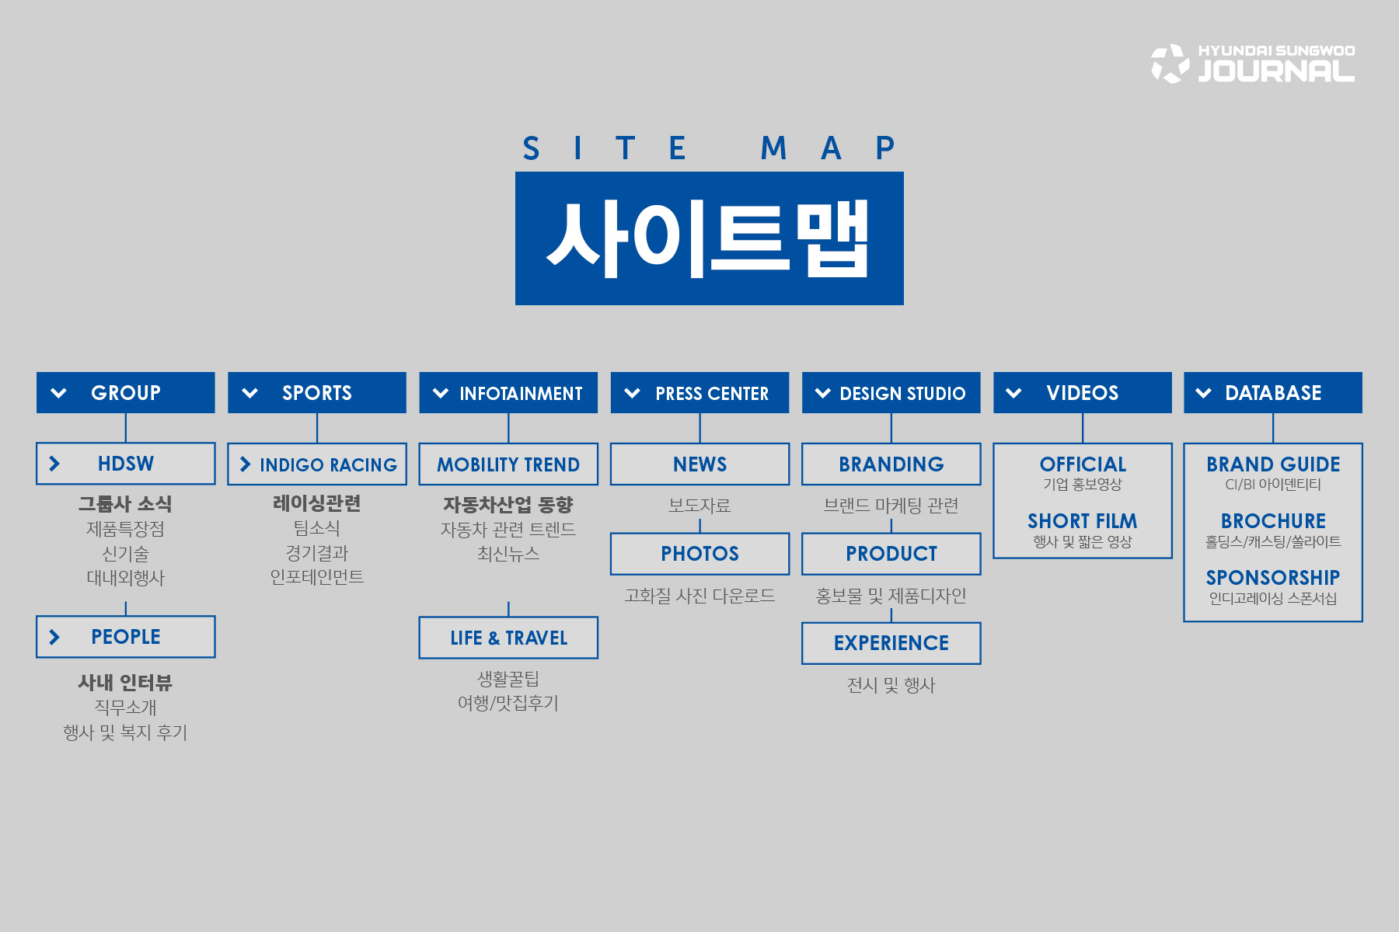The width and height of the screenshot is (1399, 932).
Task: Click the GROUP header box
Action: point(126,392)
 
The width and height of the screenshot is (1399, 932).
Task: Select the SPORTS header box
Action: point(317,392)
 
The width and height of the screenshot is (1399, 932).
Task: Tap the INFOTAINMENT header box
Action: point(508,392)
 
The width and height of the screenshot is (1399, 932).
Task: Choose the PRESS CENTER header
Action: point(699,392)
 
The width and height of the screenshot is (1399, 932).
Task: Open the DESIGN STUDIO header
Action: point(891,392)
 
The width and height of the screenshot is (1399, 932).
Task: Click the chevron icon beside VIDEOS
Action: point(1013,393)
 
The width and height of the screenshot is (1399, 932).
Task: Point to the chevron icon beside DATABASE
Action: point(1204,393)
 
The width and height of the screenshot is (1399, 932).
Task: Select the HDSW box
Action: point(126,464)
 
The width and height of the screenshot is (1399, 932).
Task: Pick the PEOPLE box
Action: point(126,637)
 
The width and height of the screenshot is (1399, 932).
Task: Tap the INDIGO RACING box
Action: point(317,464)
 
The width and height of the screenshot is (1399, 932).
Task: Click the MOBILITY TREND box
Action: point(508,464)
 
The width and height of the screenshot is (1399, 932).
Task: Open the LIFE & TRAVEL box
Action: point(508,638)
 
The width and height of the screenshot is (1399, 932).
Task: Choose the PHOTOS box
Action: point(699,554)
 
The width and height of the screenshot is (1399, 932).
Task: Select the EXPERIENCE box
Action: point(891,643)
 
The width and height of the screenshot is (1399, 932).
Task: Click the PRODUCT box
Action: point(891,554)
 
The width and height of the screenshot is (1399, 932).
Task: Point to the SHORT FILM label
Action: point(1083,520)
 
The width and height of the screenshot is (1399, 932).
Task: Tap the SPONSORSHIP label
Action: point(1273,577)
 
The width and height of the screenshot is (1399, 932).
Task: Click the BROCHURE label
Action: point(1273,520)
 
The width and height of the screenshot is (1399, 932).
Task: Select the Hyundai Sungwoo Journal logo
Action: point(1253,63)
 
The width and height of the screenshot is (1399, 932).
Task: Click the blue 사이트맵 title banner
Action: point(710,238)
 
